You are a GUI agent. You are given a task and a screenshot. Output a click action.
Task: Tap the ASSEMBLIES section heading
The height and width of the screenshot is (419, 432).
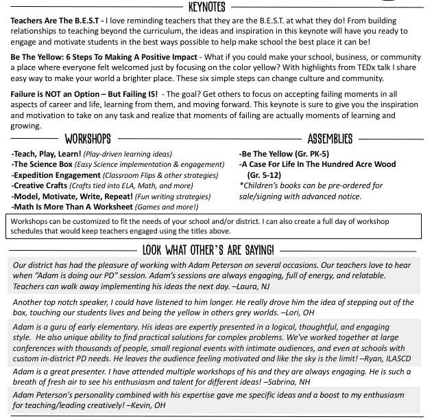(x=330, y=139)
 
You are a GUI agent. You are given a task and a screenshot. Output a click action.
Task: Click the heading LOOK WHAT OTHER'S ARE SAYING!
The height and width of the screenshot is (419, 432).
(x=208, y=249)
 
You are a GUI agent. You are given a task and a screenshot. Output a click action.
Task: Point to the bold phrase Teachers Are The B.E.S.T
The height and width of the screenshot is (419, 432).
(x=54, y=21)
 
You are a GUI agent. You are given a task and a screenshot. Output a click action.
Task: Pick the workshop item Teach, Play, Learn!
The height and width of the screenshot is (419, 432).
(x=47, y=155)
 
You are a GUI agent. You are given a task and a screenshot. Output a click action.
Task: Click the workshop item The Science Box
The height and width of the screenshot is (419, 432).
(x=43, y=165)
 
